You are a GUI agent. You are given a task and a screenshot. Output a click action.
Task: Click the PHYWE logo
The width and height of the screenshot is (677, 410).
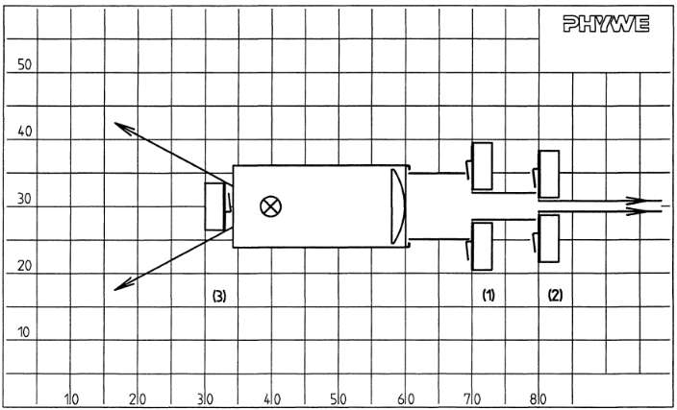pyautogui.click(x=606, y=24)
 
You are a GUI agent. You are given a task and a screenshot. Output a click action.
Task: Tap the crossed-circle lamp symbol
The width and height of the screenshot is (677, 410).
pyautogui.click(x=271, y=206)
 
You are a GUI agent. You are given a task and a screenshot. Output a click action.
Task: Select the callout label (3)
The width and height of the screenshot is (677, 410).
pyautogui.click(x=219, y=296)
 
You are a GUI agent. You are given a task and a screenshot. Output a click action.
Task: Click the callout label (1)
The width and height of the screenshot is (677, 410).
pyautogui.click(x=489, y=296)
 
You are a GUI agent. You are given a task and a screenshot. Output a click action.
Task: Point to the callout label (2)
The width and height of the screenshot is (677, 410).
pyautogui.click(x=555, y=296)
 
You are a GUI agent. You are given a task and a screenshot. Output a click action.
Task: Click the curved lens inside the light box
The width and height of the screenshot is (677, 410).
pyautogui.click(x=398, y=206)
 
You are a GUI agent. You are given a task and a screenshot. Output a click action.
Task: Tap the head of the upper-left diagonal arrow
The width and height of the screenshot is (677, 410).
pyautogui.click(x=123, y=127)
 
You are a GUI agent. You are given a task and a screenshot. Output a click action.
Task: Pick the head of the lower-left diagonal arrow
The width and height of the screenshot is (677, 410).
pyautogui.click(x=123, y=285)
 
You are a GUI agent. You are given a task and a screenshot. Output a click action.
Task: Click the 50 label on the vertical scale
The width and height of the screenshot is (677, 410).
pyautogui.click(x=25, y=64)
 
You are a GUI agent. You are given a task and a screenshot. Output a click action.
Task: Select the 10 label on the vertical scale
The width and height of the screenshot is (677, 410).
pyautogui.click(x=25, y=332)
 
